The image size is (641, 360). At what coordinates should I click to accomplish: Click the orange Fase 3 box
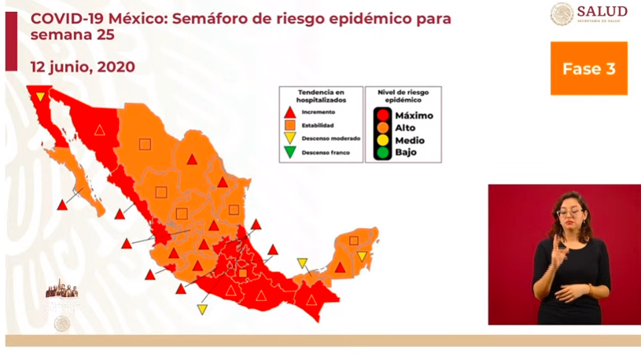(588, 68)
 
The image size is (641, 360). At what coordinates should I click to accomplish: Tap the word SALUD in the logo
(602, 11)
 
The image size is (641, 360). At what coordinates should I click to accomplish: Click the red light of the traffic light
(382, 116)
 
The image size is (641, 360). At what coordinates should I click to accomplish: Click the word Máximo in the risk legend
(414, 116)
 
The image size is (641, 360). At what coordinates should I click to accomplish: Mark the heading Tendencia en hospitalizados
(321, 97)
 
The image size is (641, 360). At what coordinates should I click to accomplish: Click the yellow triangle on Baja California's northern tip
(40, 95)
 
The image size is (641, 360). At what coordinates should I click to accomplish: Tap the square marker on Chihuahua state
(145, 144)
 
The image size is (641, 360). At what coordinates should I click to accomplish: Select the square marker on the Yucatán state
(354, 241)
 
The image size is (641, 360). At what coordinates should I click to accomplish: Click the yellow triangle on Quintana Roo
(362, 256)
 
